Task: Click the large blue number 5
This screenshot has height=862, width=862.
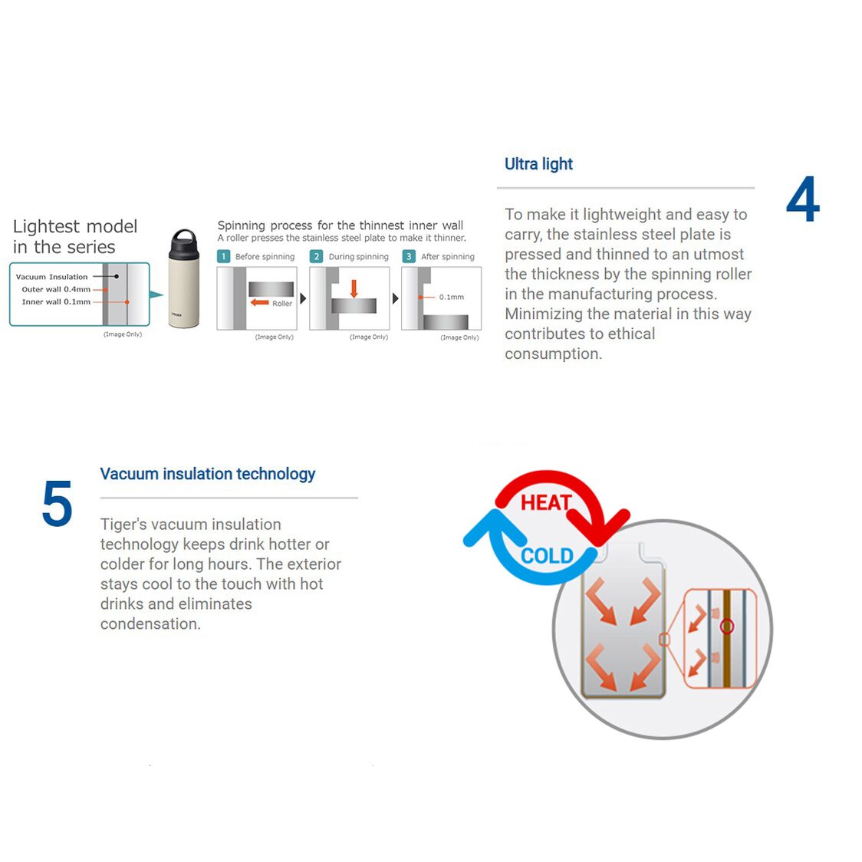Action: pyautogui.click(x=58, y=504)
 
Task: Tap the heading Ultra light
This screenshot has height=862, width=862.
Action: pyautogui.click(x=538, y=164)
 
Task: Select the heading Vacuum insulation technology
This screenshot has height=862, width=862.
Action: pyautogui.click(x=207, y=474)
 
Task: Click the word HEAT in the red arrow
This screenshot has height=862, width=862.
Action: pyautogui.click(x=546, y=502)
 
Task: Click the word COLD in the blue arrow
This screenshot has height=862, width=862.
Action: pyautogui.click(x=547, y=556)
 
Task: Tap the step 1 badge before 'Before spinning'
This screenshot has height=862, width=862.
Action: pyautogui.click(x=224, y=256)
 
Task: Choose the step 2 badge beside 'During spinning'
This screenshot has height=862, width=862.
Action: pyautogui.click(x=316, y=256)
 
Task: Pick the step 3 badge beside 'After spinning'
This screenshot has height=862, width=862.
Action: pyautogui.click(x=409, y=256)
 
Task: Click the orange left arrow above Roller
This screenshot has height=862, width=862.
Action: pyautogui.click(x=259, y=302)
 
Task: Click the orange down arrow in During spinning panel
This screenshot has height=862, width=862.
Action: pyautogui.click(x=354, y=288)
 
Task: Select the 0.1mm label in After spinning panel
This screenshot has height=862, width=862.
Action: pyautogui.click(x=452, y=297)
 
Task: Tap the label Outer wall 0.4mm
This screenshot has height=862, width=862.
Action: pyautogui.click(x=56, y=289)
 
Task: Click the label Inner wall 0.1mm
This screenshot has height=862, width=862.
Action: pyautogui.click(x=56, y=302)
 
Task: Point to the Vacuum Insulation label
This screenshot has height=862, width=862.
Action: pyautogui.click(x=51, y=277)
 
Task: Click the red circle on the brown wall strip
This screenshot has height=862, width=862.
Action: pyautogui.click(x=727, y=626)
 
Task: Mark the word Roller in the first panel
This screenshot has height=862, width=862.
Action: pyautogui.click(x=282, y=304)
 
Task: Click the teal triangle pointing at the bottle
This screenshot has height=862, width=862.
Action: pyautogui.click(x=156, y=294)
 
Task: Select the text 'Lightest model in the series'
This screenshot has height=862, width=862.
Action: pyautogui.click(x=74, y=236)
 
